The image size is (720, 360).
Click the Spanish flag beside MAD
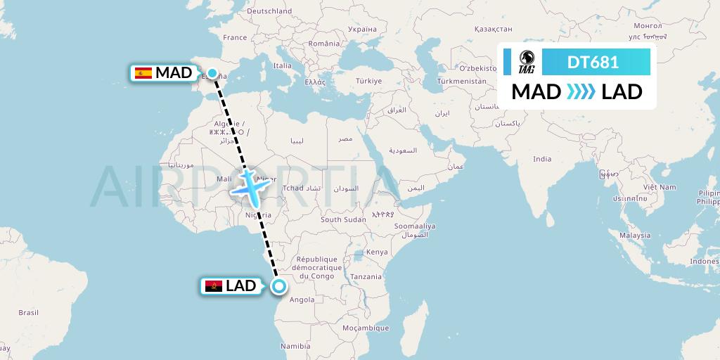click(143, 73)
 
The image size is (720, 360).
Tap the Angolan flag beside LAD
click(213, 285)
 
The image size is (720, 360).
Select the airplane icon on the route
click(247, 184)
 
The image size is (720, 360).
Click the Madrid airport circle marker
click(212, 73)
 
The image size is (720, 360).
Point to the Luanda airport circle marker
click(279, 285)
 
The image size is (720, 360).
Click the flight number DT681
click(593, 62)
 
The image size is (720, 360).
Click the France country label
click(235, 37)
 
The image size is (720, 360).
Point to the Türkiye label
click(368, 81)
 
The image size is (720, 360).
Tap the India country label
click(541, 159)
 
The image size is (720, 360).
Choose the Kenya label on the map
click(377, 252)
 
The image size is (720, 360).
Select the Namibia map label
click(295, 346)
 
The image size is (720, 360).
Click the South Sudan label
click(343, 219)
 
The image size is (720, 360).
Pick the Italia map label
click(283, 65)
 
